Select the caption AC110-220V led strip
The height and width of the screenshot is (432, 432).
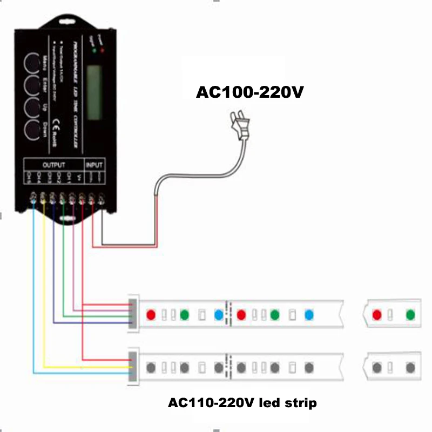pos(242,403)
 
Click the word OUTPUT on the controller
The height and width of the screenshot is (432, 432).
pos(53,164)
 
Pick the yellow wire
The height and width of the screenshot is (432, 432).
pos(44,281)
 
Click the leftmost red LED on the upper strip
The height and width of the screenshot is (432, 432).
pos(151,314)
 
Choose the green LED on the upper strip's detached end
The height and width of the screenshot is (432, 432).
pos(410,314)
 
